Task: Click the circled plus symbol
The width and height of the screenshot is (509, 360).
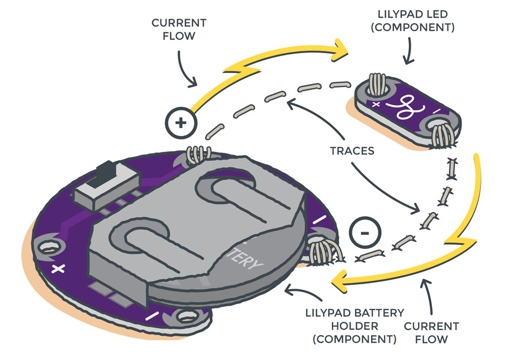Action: (179, 121)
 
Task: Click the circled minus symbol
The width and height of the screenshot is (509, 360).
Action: (365, 232)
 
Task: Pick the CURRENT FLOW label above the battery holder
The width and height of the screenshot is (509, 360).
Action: (179, 29)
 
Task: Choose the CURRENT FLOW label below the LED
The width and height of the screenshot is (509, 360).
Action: (430, 333)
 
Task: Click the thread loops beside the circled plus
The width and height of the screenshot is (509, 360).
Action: (199, 153)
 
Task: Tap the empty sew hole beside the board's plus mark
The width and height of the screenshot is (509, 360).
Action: (47, 247)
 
